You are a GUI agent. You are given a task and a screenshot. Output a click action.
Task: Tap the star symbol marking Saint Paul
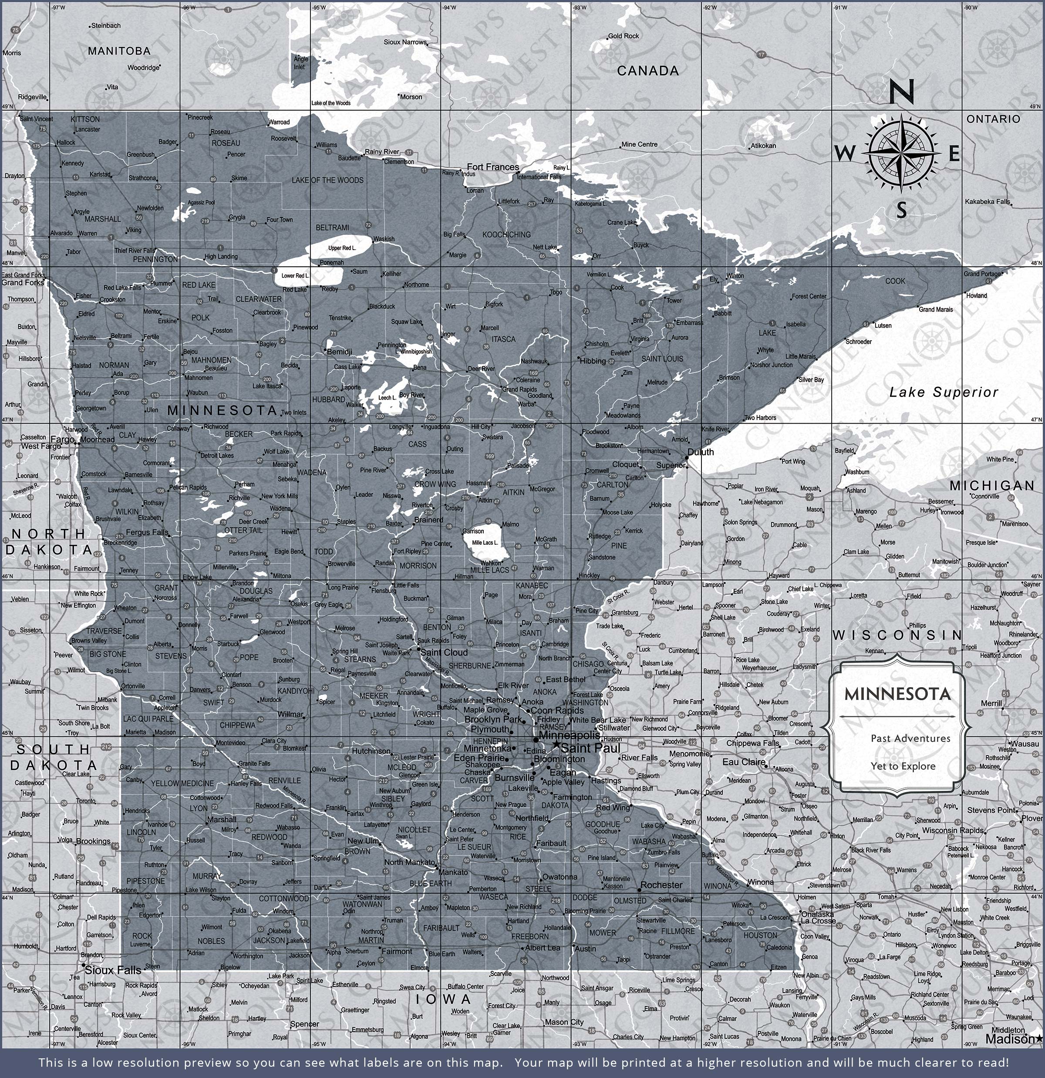(x=556, y=745)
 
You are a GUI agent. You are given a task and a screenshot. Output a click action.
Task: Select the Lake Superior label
(x=943, y=392)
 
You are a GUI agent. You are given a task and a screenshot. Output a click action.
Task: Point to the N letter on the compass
(x=901, y=92)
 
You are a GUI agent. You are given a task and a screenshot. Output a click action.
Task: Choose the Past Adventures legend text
(x=910, y=738)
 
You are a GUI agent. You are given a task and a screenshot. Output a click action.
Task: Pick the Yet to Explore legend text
(x=903, y=766)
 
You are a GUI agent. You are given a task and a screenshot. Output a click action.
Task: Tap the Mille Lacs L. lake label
(x=485, y=542)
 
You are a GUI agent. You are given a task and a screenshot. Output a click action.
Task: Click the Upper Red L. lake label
(x=342, y=248)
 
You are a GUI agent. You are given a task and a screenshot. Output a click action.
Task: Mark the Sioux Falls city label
(x=113, y=970)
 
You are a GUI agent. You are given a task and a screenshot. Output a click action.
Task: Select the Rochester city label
(x=661, y=885)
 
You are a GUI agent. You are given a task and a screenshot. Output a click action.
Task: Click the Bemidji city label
(x=339, y=352)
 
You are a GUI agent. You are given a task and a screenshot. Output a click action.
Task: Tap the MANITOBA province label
(x=119, y=51)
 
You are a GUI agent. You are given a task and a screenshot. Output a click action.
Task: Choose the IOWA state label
(x=443, y=999)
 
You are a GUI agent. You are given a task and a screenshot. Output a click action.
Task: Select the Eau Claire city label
(x=744, y=762)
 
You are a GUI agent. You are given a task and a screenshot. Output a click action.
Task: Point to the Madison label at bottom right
(x=1009, y=1038)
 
